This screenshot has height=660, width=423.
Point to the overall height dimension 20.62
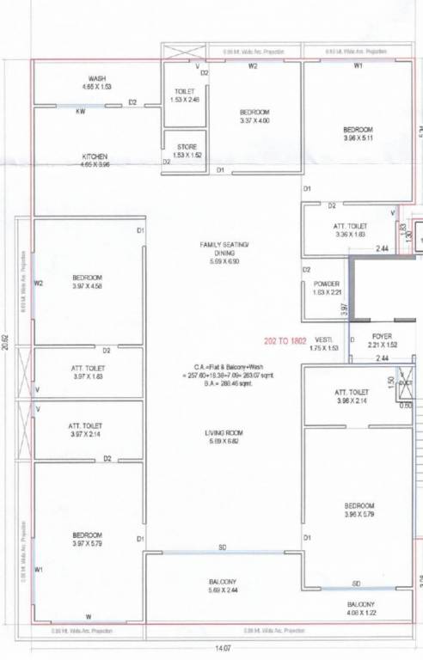tap(6, 341)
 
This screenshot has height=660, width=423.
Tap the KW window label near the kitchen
tap(80, 112)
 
